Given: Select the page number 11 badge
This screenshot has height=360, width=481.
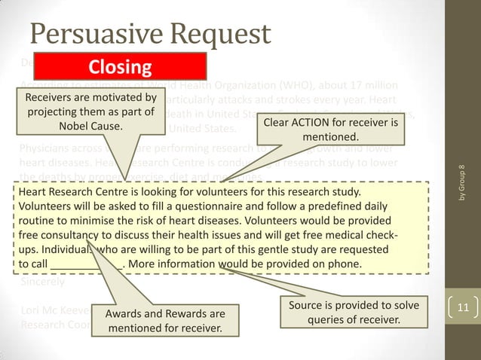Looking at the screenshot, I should (462, 307).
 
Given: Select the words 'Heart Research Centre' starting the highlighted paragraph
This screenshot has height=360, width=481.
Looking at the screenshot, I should (72, 191).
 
